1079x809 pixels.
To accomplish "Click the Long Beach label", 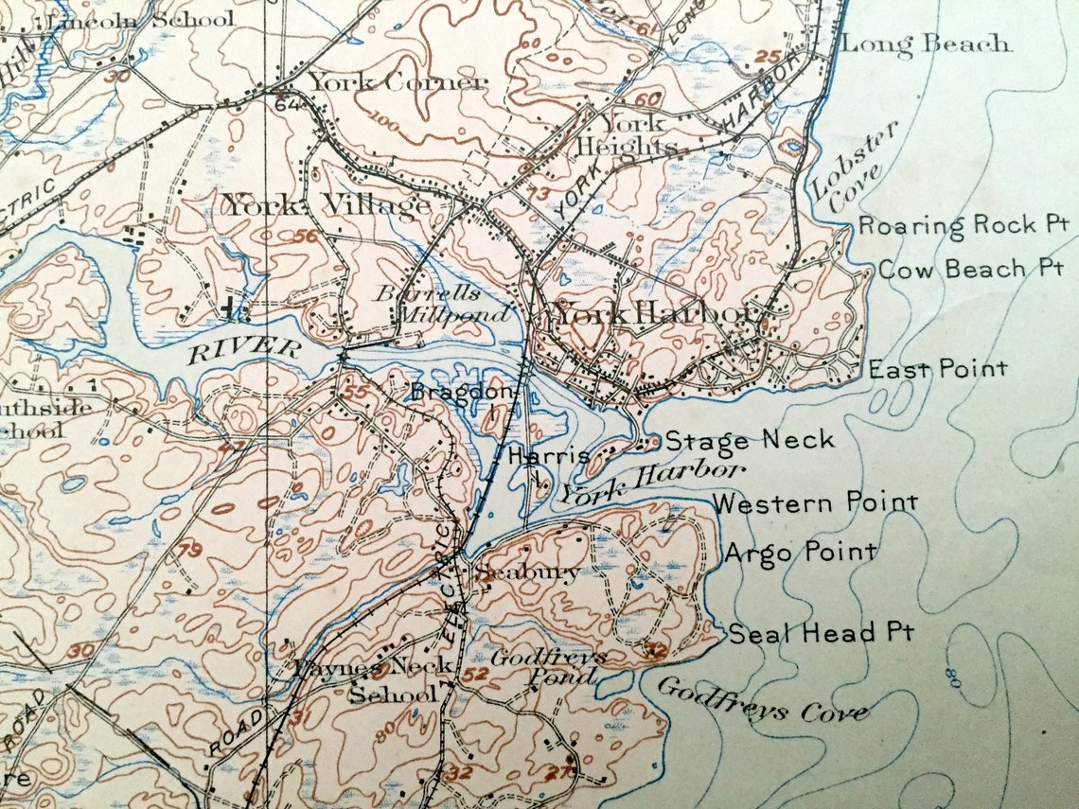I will coord(925,44).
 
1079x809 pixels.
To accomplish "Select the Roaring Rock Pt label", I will coord(962,225).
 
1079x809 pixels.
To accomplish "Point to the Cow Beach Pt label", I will coord(970,269).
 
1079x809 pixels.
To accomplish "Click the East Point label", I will coord(937,368).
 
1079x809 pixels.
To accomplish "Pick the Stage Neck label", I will coord(750,439).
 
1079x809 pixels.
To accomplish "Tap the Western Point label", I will coord(814,502).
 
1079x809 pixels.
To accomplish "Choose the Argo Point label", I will coord(800,552).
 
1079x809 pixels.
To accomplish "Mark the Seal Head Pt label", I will coord(820,632).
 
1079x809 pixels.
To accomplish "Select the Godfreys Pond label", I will coord(549,666).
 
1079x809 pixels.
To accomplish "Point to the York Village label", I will coord(326,204).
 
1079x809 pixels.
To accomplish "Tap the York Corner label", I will coord(397,82).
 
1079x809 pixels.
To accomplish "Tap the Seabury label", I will coord(526,572).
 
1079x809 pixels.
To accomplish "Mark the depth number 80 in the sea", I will coord(950,676).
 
